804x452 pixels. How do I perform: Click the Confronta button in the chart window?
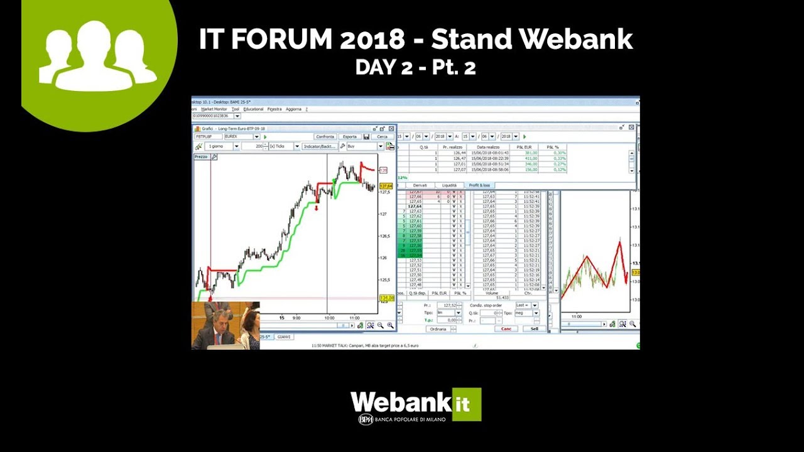point(325,136)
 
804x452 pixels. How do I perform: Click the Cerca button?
point(382,136)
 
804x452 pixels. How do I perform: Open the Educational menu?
point(253,109)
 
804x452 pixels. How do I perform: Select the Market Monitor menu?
point(214,109)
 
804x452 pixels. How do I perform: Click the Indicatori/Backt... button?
point(320,146)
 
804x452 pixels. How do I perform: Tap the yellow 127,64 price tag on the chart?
point(386,186)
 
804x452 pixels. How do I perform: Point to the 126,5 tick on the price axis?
point(384,236)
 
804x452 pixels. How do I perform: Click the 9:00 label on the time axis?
point(296,318)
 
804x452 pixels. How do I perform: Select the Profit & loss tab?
point(479,185)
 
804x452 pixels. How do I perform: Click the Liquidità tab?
point(449,185)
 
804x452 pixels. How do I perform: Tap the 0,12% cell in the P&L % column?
point(560,169)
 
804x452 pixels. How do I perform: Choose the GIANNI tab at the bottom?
point(284,337)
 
